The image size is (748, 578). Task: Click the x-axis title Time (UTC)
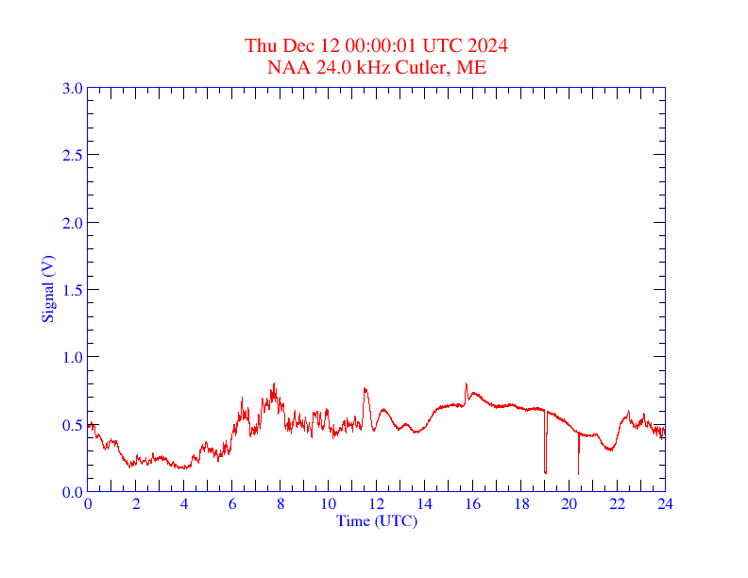377,520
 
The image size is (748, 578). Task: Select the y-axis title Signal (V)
47,289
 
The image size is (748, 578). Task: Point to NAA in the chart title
286,67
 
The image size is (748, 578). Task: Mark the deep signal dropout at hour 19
545,470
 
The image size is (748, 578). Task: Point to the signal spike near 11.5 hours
365,388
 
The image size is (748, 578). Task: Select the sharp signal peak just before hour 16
466,384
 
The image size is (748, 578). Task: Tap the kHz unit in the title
370,67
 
